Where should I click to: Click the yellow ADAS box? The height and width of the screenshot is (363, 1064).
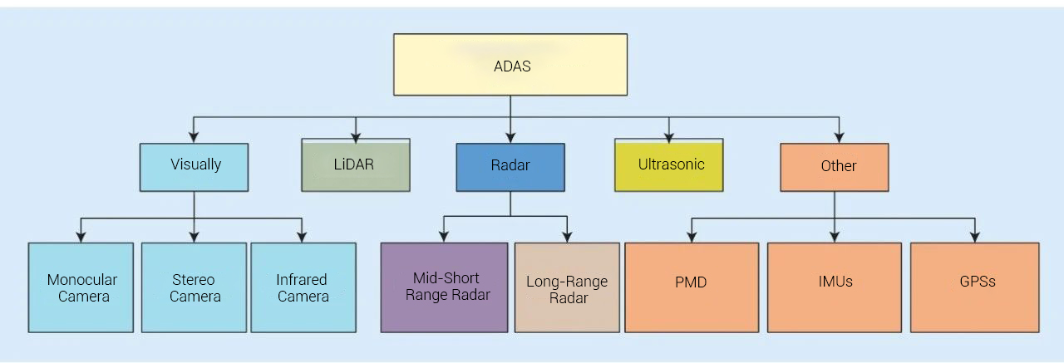click(x=510, y=65)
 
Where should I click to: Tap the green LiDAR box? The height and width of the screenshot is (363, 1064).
click(x=355, y=165)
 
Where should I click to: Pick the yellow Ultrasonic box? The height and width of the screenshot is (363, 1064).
click(x=669, y=165)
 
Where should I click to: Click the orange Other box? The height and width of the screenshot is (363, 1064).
click(x=834, y=167)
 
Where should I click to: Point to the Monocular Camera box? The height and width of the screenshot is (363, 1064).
click(x=81, y=287)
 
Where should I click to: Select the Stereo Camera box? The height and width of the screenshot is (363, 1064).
click(x=194, y=287)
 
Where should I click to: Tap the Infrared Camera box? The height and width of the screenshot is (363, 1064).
click(x=303, y=287)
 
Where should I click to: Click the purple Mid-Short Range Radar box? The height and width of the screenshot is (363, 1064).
click(x=444, y=287)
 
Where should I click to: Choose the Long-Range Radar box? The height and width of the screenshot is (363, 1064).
click(x=567, y=287)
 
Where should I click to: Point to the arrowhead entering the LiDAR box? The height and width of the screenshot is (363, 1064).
click(x=356, y=134)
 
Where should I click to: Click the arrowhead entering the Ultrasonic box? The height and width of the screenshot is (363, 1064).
click(x=669, y=134)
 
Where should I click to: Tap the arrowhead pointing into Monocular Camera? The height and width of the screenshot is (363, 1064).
click(x=81, y=237)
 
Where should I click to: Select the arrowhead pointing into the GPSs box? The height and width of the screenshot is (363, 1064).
click(x=975, y=237)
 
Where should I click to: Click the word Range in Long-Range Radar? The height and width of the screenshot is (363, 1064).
click(x=586, y=282)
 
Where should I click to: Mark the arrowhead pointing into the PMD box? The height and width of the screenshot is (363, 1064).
click(x=691, y=237)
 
